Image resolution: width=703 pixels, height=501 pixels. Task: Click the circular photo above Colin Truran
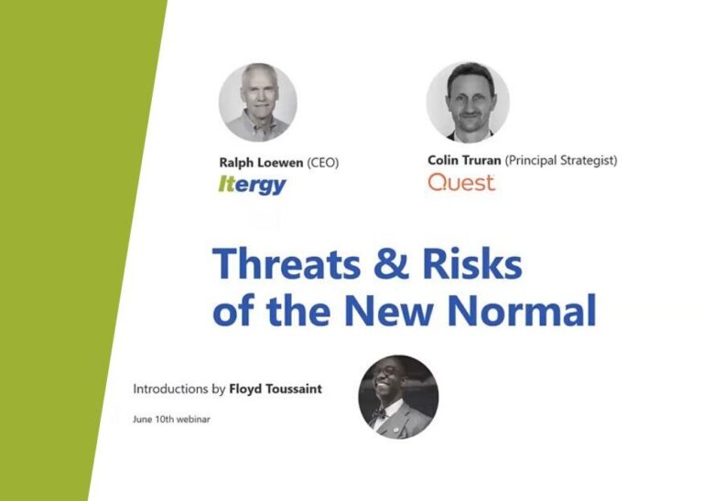[x=468, y=101]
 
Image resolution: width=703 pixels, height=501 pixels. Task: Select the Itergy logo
[x=253, y=186]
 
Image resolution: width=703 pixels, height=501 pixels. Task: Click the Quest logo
[x=461, y=182]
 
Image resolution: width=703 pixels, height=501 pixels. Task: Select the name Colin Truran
[x=464, y=160]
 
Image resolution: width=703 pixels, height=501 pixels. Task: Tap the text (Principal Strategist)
[x=562, y=160]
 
